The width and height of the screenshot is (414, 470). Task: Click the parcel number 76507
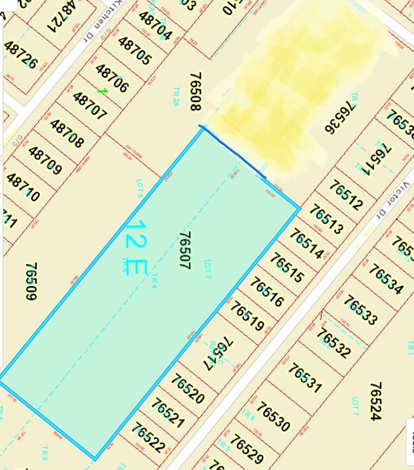click(185, 250)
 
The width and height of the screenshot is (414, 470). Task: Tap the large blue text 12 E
click(135, 248)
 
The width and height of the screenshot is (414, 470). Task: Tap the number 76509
click(31, 281)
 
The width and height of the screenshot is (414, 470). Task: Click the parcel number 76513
click(326, 218)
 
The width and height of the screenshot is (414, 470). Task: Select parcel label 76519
click(247, 315)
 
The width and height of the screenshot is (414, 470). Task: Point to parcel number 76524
click(375, 401)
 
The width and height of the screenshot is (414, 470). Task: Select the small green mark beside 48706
click(102, 91)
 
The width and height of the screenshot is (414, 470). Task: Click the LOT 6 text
click(140, 188)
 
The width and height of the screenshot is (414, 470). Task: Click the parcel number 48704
click(156, 25)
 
